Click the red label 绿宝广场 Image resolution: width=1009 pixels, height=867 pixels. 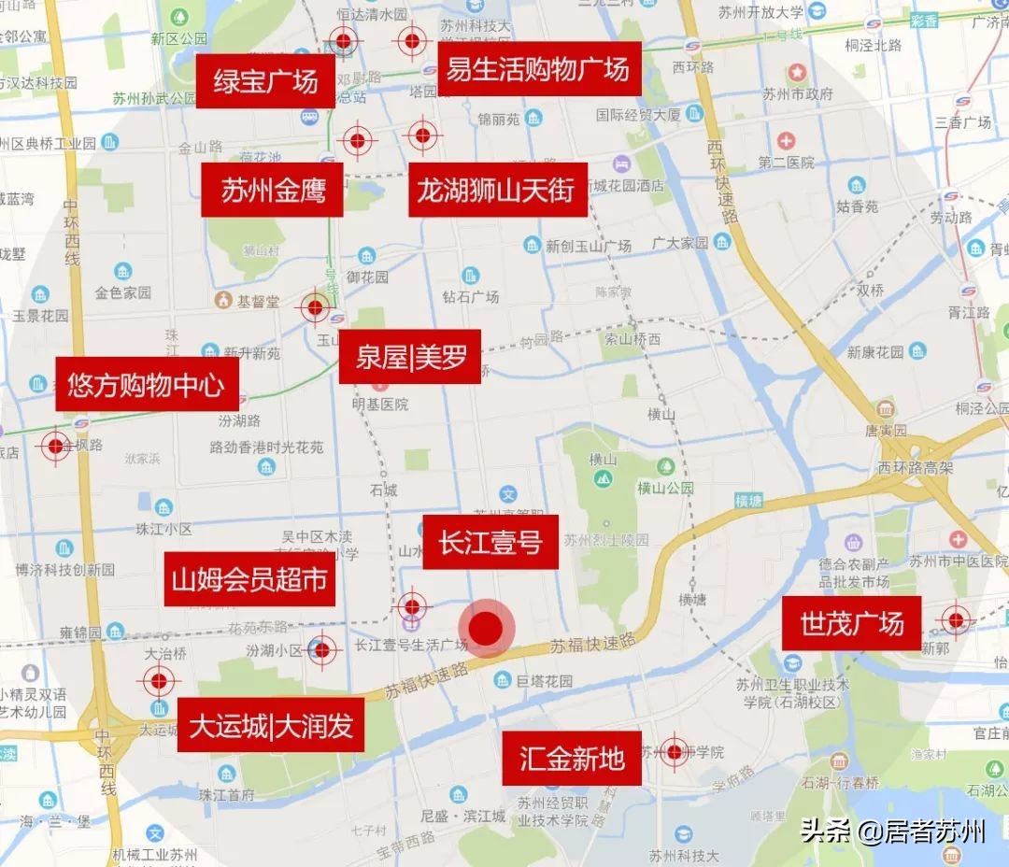click(x=265, y=81)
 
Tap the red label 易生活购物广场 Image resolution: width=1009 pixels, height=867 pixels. click(x=538, y=68)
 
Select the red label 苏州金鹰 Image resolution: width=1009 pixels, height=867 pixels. click(x=273, y=190)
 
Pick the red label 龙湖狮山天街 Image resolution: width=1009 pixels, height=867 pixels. click(x=497, y=190)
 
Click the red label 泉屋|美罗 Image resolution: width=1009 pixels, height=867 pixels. click(x=410, y=356)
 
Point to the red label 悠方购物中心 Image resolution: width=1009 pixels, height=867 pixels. click(x=147, y=383)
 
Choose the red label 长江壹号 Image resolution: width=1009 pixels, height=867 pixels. click(x=490, y=541)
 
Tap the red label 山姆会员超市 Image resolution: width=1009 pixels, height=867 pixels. click(x=249, y=579)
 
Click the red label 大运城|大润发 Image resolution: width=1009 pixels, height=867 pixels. click(x=271, y=725)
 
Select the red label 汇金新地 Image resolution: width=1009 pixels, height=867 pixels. click(x=572, y=758)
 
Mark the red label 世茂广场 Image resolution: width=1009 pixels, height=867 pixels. click(x=852, y=622)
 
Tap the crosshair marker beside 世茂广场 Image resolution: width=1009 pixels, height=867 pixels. click(x=955, y=619)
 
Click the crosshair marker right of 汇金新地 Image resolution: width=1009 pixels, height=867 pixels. click(x=674, y=751)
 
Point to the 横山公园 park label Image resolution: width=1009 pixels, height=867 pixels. click(x=666, y=488)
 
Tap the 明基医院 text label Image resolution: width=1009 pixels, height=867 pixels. click(x=380, y=405)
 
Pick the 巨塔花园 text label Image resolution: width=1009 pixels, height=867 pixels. click(x=545, y=680)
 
